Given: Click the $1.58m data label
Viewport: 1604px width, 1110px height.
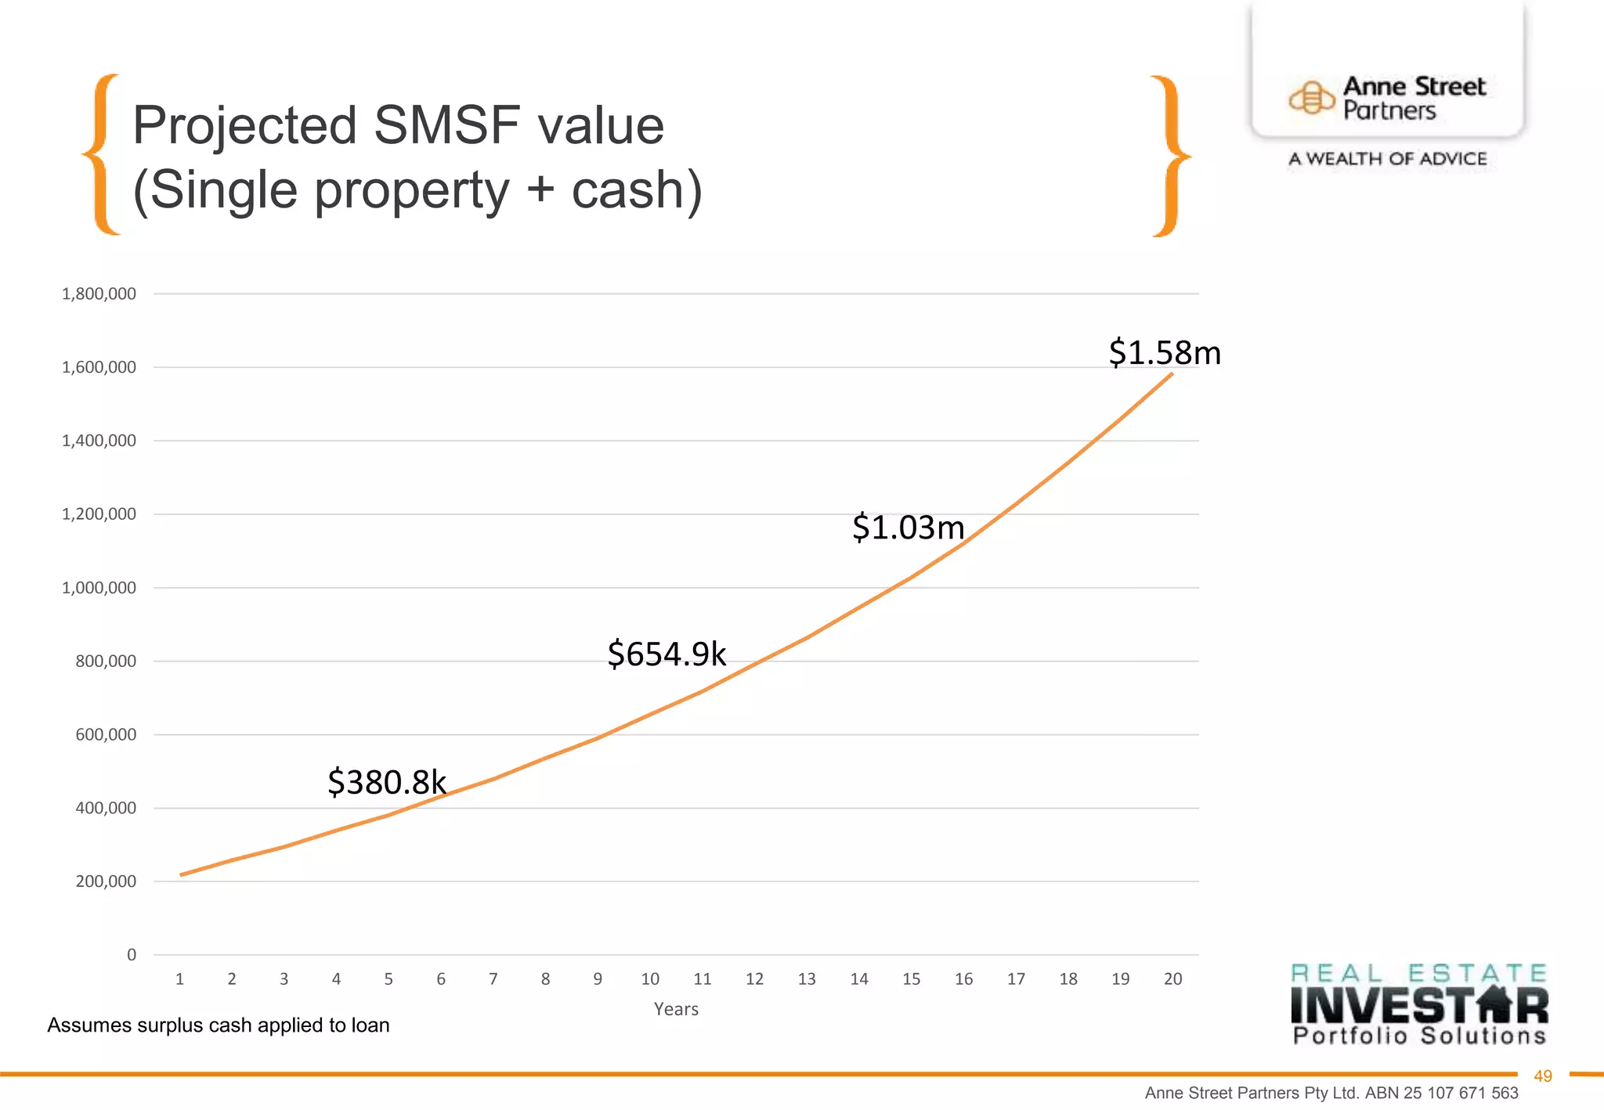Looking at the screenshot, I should pyautogui.click(x=1165, y=353).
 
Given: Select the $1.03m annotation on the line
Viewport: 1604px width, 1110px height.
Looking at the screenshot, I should pyautogui.click(x=908, y=528).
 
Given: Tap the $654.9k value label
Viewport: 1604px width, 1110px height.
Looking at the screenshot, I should pyautogui.click(x=667, y=654).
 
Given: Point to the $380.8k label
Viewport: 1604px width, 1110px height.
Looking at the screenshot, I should pyautogui.click(x=387, y=782).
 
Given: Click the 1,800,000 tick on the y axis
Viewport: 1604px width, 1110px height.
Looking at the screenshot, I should pyautogui.click(x=99, y=294).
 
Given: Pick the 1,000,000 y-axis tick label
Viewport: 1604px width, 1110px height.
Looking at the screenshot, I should pyautogui.click(x=99, y=588).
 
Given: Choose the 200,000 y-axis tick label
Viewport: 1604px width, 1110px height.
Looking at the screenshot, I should pyautogui.click(x=105, y=881).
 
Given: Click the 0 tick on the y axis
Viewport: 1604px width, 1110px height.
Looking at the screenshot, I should pyautogui.click(x=132, y=955).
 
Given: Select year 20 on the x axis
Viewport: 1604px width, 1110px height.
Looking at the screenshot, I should pyautogui.click(x=1172, y=979).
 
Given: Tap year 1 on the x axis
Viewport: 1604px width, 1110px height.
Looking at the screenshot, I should pyautogui.click(x=180, y=979).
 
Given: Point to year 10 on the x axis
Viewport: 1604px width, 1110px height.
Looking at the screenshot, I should pyautogui.click(x=650, y=979).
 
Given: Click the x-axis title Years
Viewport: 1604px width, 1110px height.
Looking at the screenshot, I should pyautogui.click(x=676, y=1010).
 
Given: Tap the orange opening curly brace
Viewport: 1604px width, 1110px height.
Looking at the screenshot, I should pyautogui.click(x=100, y=154).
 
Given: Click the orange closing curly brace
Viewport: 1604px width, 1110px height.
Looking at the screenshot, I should pyautogui.click(x=1170, y=156).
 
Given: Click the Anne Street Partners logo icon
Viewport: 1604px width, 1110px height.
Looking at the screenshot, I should pyautogui.click(x=1311, y=99).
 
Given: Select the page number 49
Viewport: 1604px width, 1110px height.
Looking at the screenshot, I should pyautogui.click(x=1542, y=1076).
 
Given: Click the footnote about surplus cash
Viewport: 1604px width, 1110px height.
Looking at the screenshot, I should pyautogui.click(x=219, y=1025).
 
